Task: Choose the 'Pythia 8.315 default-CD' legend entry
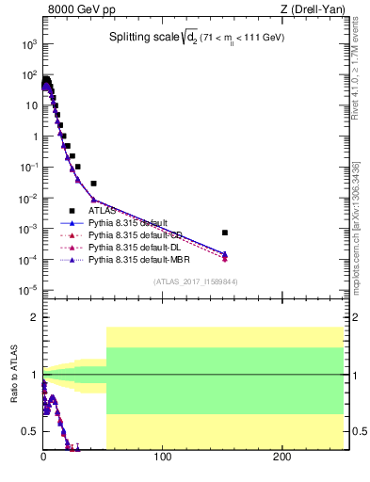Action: coord(135,234)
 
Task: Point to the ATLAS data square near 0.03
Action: coord(93,183)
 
